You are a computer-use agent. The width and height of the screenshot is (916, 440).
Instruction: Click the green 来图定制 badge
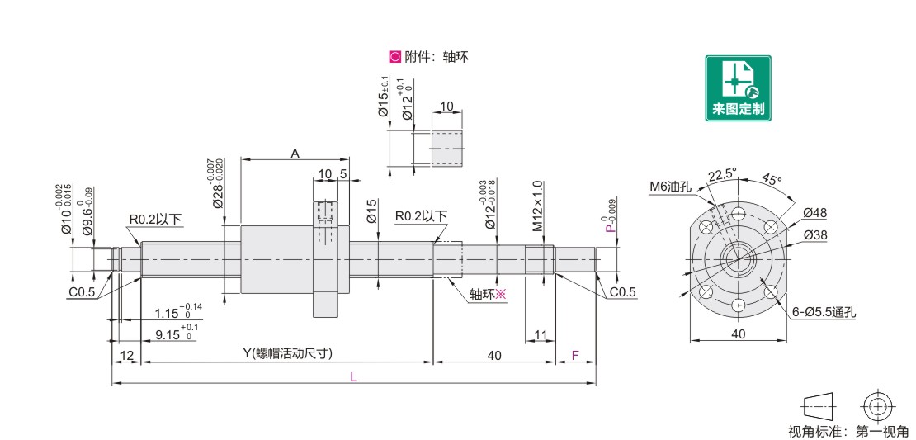[x=738, y=88]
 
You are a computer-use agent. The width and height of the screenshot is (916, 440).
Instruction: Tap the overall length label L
[x=354, y=376]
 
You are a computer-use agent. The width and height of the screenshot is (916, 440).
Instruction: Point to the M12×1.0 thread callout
[x=537, y=206]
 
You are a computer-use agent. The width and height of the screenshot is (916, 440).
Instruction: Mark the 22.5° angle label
[x=721, y=174]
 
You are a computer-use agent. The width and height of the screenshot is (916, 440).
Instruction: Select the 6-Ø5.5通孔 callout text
[x=823, y=313]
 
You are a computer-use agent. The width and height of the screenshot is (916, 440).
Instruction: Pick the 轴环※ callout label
[x=487, y=294]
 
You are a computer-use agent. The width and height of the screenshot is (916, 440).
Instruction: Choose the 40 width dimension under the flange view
[x=738, y=334]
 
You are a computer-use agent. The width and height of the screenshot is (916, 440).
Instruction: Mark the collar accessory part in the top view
[x=448, y=149]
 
